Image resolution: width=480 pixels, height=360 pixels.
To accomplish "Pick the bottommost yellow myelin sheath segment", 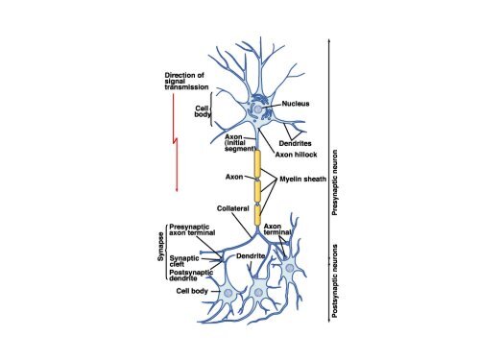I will (x=257, y=213).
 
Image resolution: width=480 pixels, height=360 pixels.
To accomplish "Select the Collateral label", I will (x=233, y=208).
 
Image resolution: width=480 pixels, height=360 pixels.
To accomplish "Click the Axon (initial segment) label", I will (x=238, y=141).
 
